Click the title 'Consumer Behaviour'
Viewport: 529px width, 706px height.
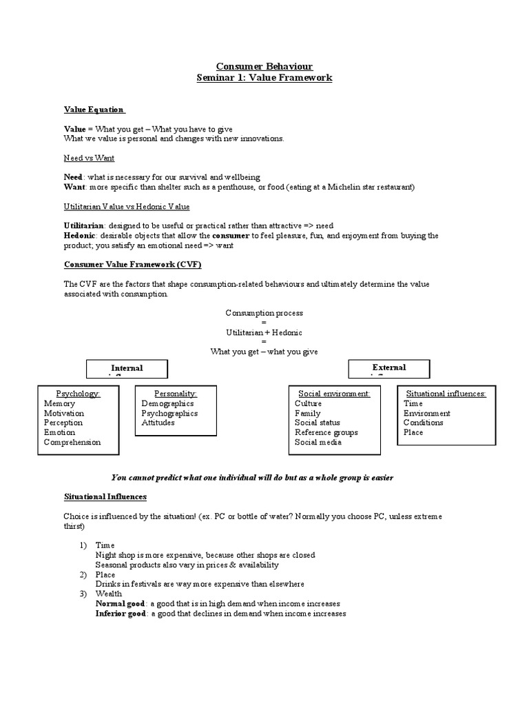coord(264,66)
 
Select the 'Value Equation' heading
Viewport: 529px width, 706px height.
coord(94,109)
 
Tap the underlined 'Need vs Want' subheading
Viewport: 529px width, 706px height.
coord(89,158)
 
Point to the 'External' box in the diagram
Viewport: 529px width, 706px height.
coord(389,368)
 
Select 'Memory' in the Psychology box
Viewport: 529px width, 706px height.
coord(60,403)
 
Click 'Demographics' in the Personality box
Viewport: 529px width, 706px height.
coord(167,403)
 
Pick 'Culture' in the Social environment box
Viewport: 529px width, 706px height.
coord(308,403)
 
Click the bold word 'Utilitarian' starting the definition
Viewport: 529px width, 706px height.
coord(84,226)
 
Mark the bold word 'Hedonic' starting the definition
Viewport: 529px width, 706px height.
coord(79,236)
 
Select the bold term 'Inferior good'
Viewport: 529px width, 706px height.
coord(121,613)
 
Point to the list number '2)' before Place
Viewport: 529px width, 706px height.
coord(82,574)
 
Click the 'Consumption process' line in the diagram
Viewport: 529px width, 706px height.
coord(264,313)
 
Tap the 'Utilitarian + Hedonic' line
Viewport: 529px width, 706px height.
coord(264,332)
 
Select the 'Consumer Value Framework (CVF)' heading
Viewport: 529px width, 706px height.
coord(132,265)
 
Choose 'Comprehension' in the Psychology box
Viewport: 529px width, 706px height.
coord(72,442)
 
